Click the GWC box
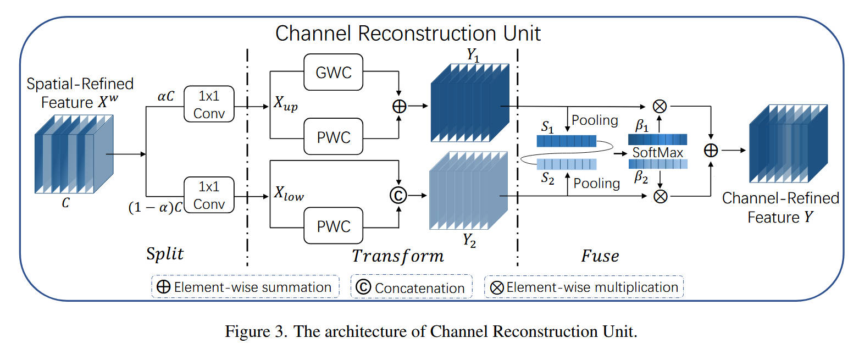333,72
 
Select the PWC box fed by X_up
333,136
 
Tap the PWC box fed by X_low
333,226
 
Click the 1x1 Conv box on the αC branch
209,103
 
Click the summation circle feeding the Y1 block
399,106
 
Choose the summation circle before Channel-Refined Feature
711,150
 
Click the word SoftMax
658,152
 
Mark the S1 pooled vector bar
566,141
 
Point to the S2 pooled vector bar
566,164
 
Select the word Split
165,254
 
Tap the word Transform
398,256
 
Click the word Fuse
600,256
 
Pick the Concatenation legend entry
412,287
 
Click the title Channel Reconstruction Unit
408,33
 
